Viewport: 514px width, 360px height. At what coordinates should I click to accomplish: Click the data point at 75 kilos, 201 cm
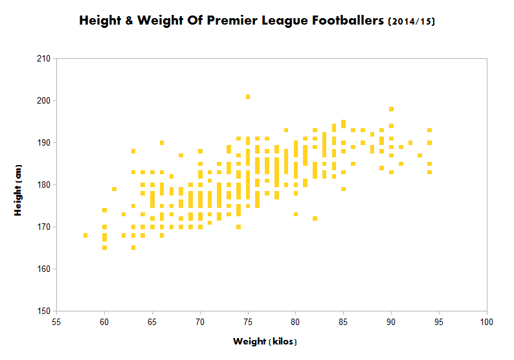248,96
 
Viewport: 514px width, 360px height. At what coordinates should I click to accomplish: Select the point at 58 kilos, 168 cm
85,235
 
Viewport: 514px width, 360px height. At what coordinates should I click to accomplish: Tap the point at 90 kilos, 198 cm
392,109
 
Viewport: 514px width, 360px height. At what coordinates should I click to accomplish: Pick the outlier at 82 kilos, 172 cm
315,218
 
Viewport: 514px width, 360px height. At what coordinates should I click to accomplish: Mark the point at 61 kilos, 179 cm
114,189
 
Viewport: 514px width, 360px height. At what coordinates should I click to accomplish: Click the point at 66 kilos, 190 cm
162,142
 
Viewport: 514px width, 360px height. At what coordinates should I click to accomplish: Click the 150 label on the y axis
45,311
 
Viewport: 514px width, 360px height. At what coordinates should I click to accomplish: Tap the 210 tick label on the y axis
45,58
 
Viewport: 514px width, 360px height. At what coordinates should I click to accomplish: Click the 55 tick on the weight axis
56,321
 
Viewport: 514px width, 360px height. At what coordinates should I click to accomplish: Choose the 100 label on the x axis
487,321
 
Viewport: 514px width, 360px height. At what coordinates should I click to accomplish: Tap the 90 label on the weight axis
392,321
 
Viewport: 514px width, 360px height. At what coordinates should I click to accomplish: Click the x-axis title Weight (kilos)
265,341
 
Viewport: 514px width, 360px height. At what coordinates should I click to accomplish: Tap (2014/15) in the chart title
412,21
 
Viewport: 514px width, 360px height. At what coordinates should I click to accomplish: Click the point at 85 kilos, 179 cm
344,189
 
